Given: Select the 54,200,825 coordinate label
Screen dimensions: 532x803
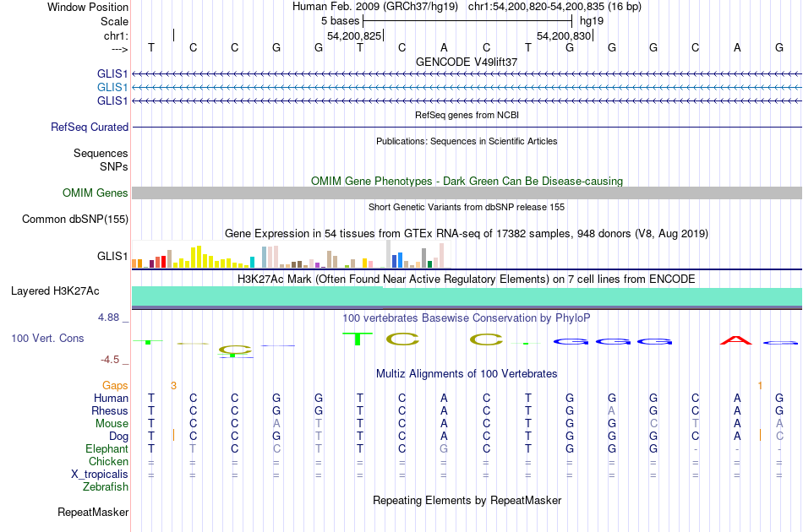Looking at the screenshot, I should (354, 35).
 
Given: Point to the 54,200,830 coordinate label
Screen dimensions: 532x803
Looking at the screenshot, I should (564, 35).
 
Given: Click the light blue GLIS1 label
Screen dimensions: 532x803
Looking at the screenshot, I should (112, 88).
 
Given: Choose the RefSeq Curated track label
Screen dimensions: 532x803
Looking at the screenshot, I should (90, 127).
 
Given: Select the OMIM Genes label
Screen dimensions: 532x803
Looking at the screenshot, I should (96, 193).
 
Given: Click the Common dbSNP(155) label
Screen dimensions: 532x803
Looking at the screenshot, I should (74, 220).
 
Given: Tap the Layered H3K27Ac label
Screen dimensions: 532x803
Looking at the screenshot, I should (55, 291).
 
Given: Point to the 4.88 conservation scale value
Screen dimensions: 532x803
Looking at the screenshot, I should (110, 318).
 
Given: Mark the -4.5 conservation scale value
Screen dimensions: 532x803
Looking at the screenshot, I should (111, 360).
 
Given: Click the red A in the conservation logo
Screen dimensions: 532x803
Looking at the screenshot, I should (735, 340).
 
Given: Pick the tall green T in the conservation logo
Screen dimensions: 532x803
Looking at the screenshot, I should (358, 339).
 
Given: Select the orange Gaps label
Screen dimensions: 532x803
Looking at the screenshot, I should (114, 385).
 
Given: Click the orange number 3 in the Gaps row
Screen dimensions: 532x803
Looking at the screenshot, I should (173, 385).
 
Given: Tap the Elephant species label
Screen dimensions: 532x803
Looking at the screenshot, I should (107, 449).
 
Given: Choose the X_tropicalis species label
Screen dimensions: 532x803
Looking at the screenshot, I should (100, 475).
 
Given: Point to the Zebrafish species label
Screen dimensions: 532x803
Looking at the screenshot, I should (105, 487).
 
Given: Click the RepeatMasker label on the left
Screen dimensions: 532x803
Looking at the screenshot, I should (93, 513).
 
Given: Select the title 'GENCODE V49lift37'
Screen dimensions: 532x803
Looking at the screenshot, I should (467, 62).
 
